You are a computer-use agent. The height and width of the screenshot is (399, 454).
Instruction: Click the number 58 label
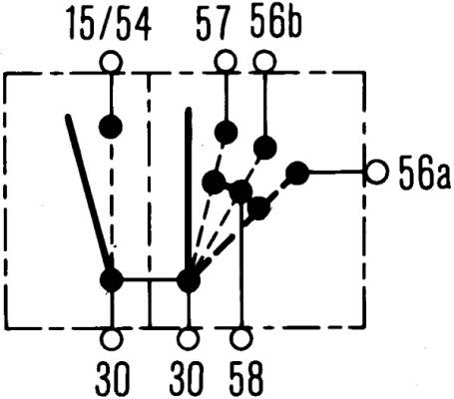(246, 378)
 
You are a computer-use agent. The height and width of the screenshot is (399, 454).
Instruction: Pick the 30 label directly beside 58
(187, 378)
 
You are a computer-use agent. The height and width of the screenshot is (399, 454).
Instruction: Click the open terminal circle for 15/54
(112, 63)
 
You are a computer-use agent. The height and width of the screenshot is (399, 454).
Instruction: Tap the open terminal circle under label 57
(226, 62)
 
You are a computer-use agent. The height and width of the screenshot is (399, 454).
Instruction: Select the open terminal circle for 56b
(264, 62)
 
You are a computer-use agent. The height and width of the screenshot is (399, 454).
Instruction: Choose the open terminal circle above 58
(240, 339)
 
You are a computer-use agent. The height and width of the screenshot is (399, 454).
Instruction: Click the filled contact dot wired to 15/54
(111, 127)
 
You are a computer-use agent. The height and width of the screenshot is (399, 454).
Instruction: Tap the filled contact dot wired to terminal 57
(226, 133)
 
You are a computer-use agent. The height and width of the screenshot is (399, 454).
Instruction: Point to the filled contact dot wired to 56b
(265, 148)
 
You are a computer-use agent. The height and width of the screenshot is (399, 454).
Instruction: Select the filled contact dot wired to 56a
(297, 173)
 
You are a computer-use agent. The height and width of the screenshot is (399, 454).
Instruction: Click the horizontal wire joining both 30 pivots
(150, 280)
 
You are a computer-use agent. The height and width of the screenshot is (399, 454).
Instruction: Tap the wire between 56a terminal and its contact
(337, 173)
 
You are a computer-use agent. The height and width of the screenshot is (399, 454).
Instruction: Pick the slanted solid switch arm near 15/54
(88, 193)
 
